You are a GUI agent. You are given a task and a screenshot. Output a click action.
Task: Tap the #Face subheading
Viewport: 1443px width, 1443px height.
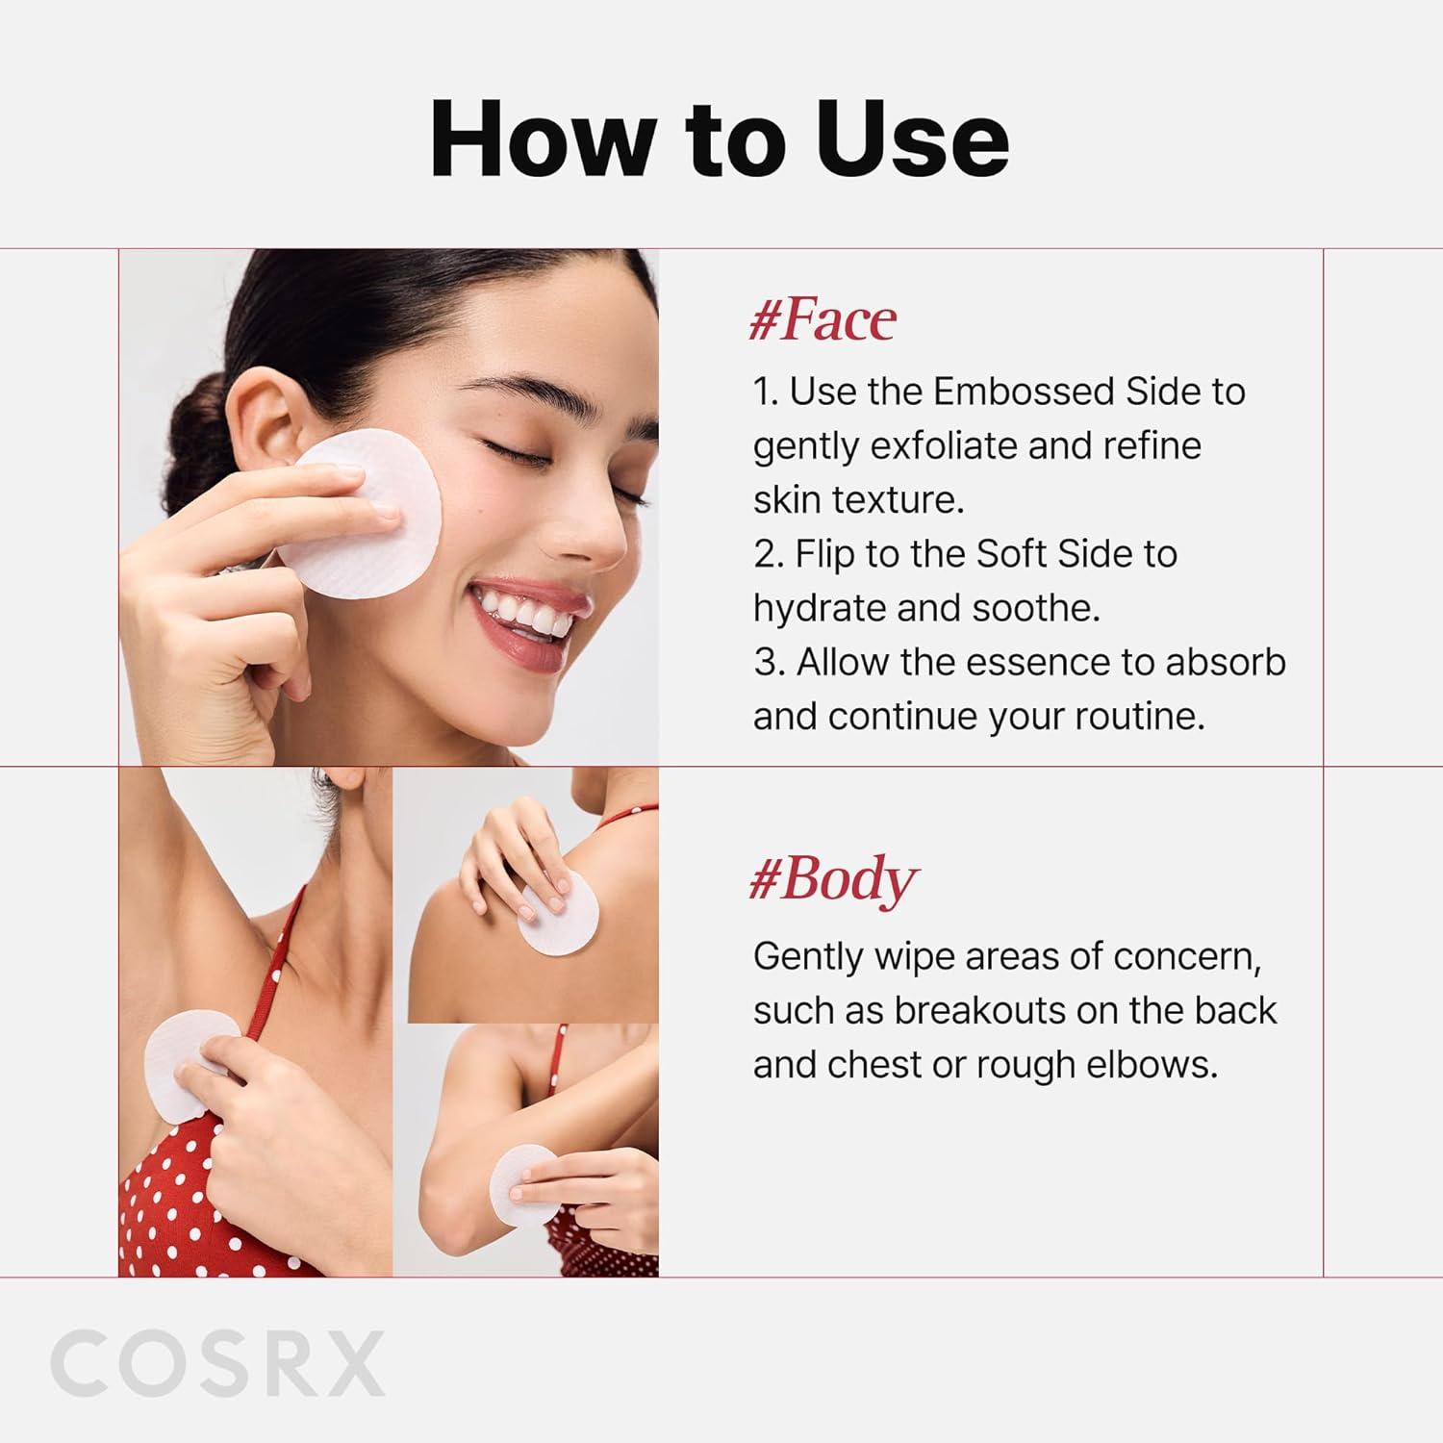point(823,320)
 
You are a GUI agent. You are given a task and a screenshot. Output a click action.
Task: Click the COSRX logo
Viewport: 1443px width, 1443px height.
point(217,1363)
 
